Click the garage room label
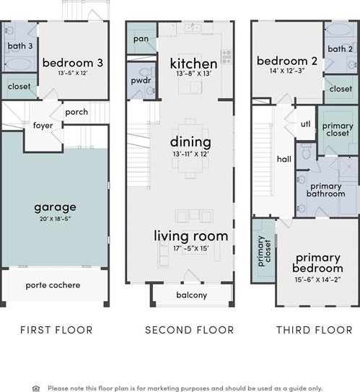tap(56, 207)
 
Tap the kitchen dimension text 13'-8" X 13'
tap(194, 74)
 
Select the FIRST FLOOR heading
tap(56, 330)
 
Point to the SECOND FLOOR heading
tap(189, 330)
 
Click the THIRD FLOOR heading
tap(315, 330)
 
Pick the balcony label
tap(192, 295)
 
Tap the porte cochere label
tap(53, 285)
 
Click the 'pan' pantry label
tap(141, 39)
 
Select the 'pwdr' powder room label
tap(141, 81)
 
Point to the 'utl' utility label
tap(306, 123)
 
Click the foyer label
tap(43, 125)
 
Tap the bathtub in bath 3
tap(19, 64)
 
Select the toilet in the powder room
tap(146, 72)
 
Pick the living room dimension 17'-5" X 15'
tap(191, 248)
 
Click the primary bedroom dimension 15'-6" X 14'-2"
tap(317, 279)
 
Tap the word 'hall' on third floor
tap(284, 159)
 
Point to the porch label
tap(76, 112)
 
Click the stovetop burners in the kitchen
tap(227, 56)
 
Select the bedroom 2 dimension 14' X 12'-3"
tap(287, 71)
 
